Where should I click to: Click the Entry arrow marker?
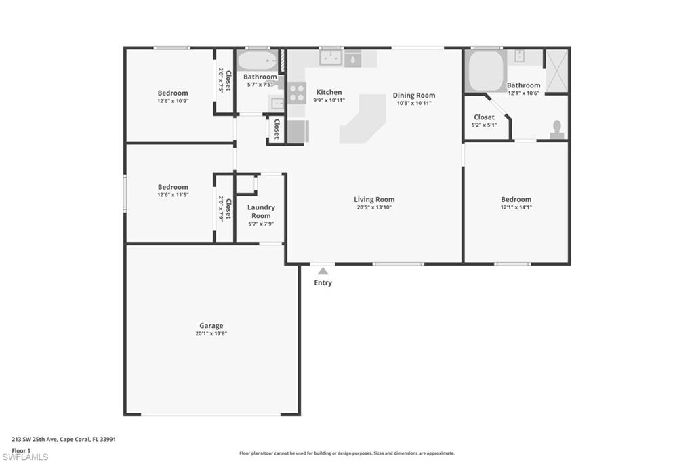(323, 270)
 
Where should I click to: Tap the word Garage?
(211, 326)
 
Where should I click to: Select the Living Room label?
(374, 199)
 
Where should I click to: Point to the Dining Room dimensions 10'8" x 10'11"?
(414, 103)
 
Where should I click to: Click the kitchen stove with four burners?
(296, 92)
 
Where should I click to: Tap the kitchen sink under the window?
(331, 58)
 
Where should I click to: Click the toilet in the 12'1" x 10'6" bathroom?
(557, 129)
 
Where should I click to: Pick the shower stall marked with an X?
(557, 70)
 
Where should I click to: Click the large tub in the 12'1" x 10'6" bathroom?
(485, 70)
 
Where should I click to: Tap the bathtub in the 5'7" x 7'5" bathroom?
(258, 62)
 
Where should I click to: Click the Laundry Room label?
(261, 211)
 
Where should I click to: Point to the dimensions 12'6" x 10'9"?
(173, 101)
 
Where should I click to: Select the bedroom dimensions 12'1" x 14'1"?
(516, 207)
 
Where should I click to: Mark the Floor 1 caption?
(21, 450)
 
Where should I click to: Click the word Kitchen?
(329, 92)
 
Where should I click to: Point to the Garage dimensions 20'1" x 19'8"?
(211, 334)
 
